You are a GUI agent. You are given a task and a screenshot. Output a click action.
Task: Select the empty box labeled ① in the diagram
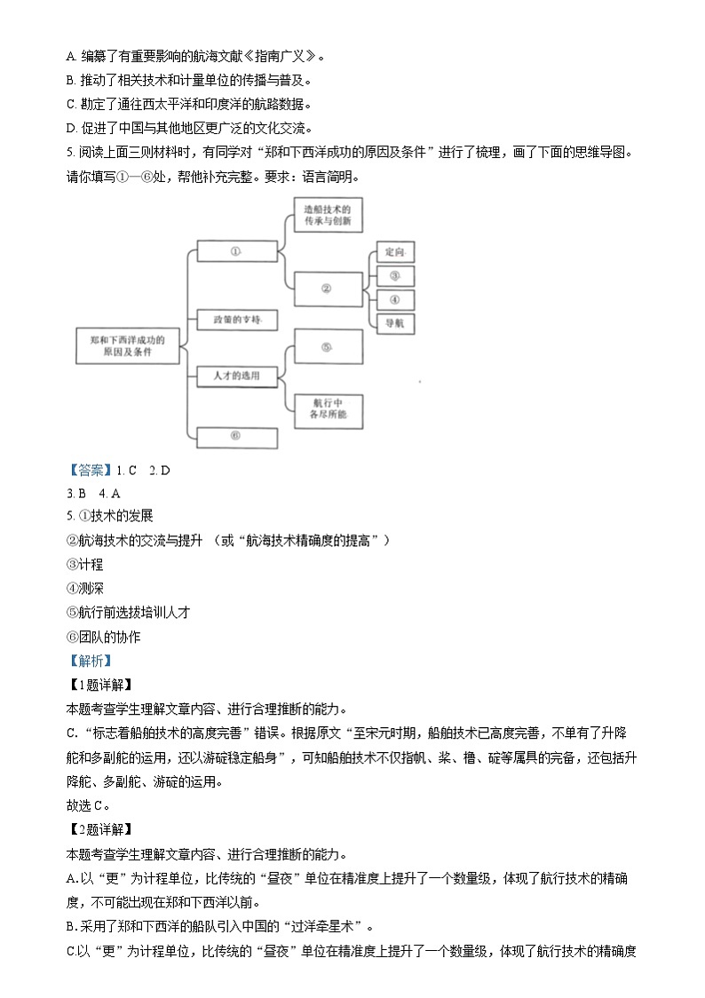point(235,251)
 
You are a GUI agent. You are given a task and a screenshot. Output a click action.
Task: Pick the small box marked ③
point(394,275)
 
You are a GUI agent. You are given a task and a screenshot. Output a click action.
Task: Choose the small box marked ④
point(394,299)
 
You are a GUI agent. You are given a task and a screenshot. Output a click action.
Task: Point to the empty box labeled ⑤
point(326,347)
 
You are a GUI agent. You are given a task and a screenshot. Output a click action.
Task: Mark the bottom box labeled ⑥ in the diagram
point(235,436)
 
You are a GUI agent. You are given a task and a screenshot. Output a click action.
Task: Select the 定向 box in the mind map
point(394,252)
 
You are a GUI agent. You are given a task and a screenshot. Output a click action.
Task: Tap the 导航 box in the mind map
point(394,323)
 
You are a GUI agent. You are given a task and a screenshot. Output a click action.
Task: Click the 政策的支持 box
point(235,318)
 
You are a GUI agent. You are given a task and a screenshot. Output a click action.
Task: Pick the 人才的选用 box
point(235,376)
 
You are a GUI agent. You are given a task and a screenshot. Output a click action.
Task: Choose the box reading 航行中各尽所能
point(328,408)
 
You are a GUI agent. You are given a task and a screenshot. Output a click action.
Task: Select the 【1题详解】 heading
point(99,685)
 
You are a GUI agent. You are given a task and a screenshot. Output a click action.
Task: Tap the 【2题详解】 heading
point(99,829)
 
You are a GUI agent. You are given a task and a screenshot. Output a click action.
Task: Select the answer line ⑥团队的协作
point(104,637)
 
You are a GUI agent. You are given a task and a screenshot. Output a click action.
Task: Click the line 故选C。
point(89,805)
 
